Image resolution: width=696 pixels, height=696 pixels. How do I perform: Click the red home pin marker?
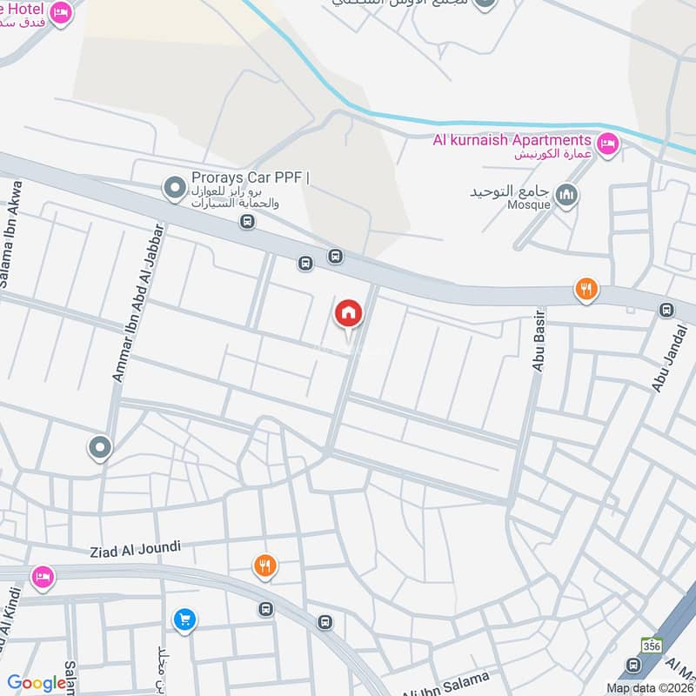click(x=348, y=312)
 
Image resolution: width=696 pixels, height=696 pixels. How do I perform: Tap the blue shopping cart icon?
click(x=184, y=619)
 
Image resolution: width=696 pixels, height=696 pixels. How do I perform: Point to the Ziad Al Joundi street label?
click(x=135, y=548)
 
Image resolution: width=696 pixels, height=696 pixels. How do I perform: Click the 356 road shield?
click(x=652, y=646)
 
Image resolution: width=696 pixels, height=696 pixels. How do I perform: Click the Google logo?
click(x=37, y=684)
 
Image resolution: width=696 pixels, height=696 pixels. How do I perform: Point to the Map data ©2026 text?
click(x=647, y=687)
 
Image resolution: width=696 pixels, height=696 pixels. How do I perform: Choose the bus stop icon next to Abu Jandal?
click(x=667, y=310)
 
